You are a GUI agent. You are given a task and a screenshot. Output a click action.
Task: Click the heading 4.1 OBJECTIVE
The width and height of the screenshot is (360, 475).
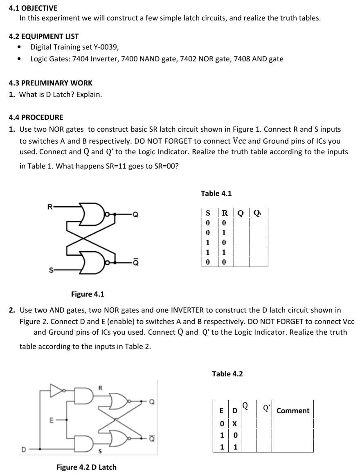click(33, 8)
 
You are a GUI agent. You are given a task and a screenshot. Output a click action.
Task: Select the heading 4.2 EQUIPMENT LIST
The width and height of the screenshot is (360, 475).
click(44, 36)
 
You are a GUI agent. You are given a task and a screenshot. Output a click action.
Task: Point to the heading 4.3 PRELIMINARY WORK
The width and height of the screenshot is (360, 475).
click(50, 83)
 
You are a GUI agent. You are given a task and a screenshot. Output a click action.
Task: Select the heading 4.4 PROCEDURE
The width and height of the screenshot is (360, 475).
click(36, 117)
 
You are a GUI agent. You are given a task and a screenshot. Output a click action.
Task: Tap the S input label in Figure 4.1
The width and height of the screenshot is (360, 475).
click(51, 270)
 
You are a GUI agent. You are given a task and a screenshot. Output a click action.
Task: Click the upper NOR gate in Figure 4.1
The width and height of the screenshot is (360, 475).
click(92, 213)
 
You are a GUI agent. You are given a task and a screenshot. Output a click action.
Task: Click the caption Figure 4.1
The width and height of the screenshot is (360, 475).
click(88, 294)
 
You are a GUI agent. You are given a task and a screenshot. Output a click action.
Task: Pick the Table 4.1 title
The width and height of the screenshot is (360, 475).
click(216, 193)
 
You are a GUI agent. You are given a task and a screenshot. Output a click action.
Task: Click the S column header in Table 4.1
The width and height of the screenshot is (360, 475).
click(208, 213)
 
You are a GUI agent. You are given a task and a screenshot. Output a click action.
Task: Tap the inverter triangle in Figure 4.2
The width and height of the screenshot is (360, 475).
click(56, 390)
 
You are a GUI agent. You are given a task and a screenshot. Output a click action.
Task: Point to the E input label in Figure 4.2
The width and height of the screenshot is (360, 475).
click(51, 419)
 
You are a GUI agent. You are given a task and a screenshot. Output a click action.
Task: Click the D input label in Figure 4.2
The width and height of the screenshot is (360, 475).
click(24, 449)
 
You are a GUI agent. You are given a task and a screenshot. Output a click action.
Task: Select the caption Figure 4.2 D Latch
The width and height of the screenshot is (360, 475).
click(86, 467)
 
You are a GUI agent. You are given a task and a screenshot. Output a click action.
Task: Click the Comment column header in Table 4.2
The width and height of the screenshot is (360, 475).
click(293, 411)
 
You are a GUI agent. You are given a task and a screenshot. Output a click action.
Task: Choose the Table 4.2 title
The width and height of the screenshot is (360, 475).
click(227, 374)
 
